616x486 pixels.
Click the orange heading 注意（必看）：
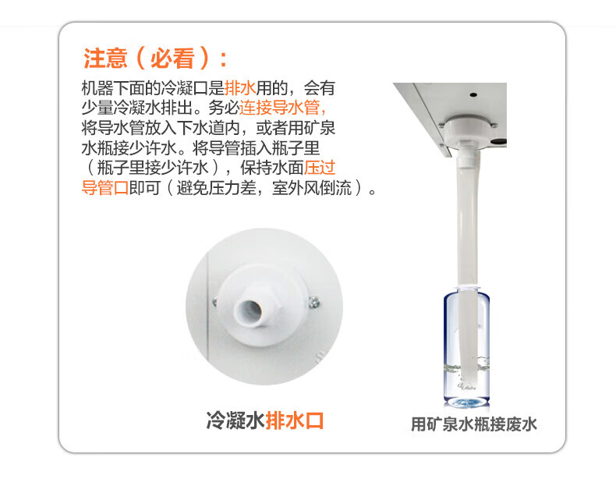pyautogui.click(x=155, y=59)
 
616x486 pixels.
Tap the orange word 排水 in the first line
pyautogui.click(x=240, y=87)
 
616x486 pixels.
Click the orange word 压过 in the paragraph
pyautogui.click(x=320, y=168)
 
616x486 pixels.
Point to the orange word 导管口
pyautogui.click(x=105, y=187)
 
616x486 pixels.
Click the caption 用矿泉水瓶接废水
pyautogui.click(x=474, y=424)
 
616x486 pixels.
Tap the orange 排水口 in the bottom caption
pyautogui.click(x=295, y=420)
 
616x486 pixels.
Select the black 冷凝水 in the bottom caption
pyautogui.click(x=235, y=420)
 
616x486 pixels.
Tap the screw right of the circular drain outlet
pyautogui.click(x=314, y=302)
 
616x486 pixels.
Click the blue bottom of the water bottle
pyautogui.click(x=467, y=402)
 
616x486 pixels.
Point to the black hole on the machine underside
pyautogui.click(x=473, y=94)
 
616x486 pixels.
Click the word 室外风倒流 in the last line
pyautogui.click(x=312, y=187)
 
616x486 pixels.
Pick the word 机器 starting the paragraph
pyautogui.click(x=97, y=87)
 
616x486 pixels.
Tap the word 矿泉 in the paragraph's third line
pyautogui.click(x=320, y=127)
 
